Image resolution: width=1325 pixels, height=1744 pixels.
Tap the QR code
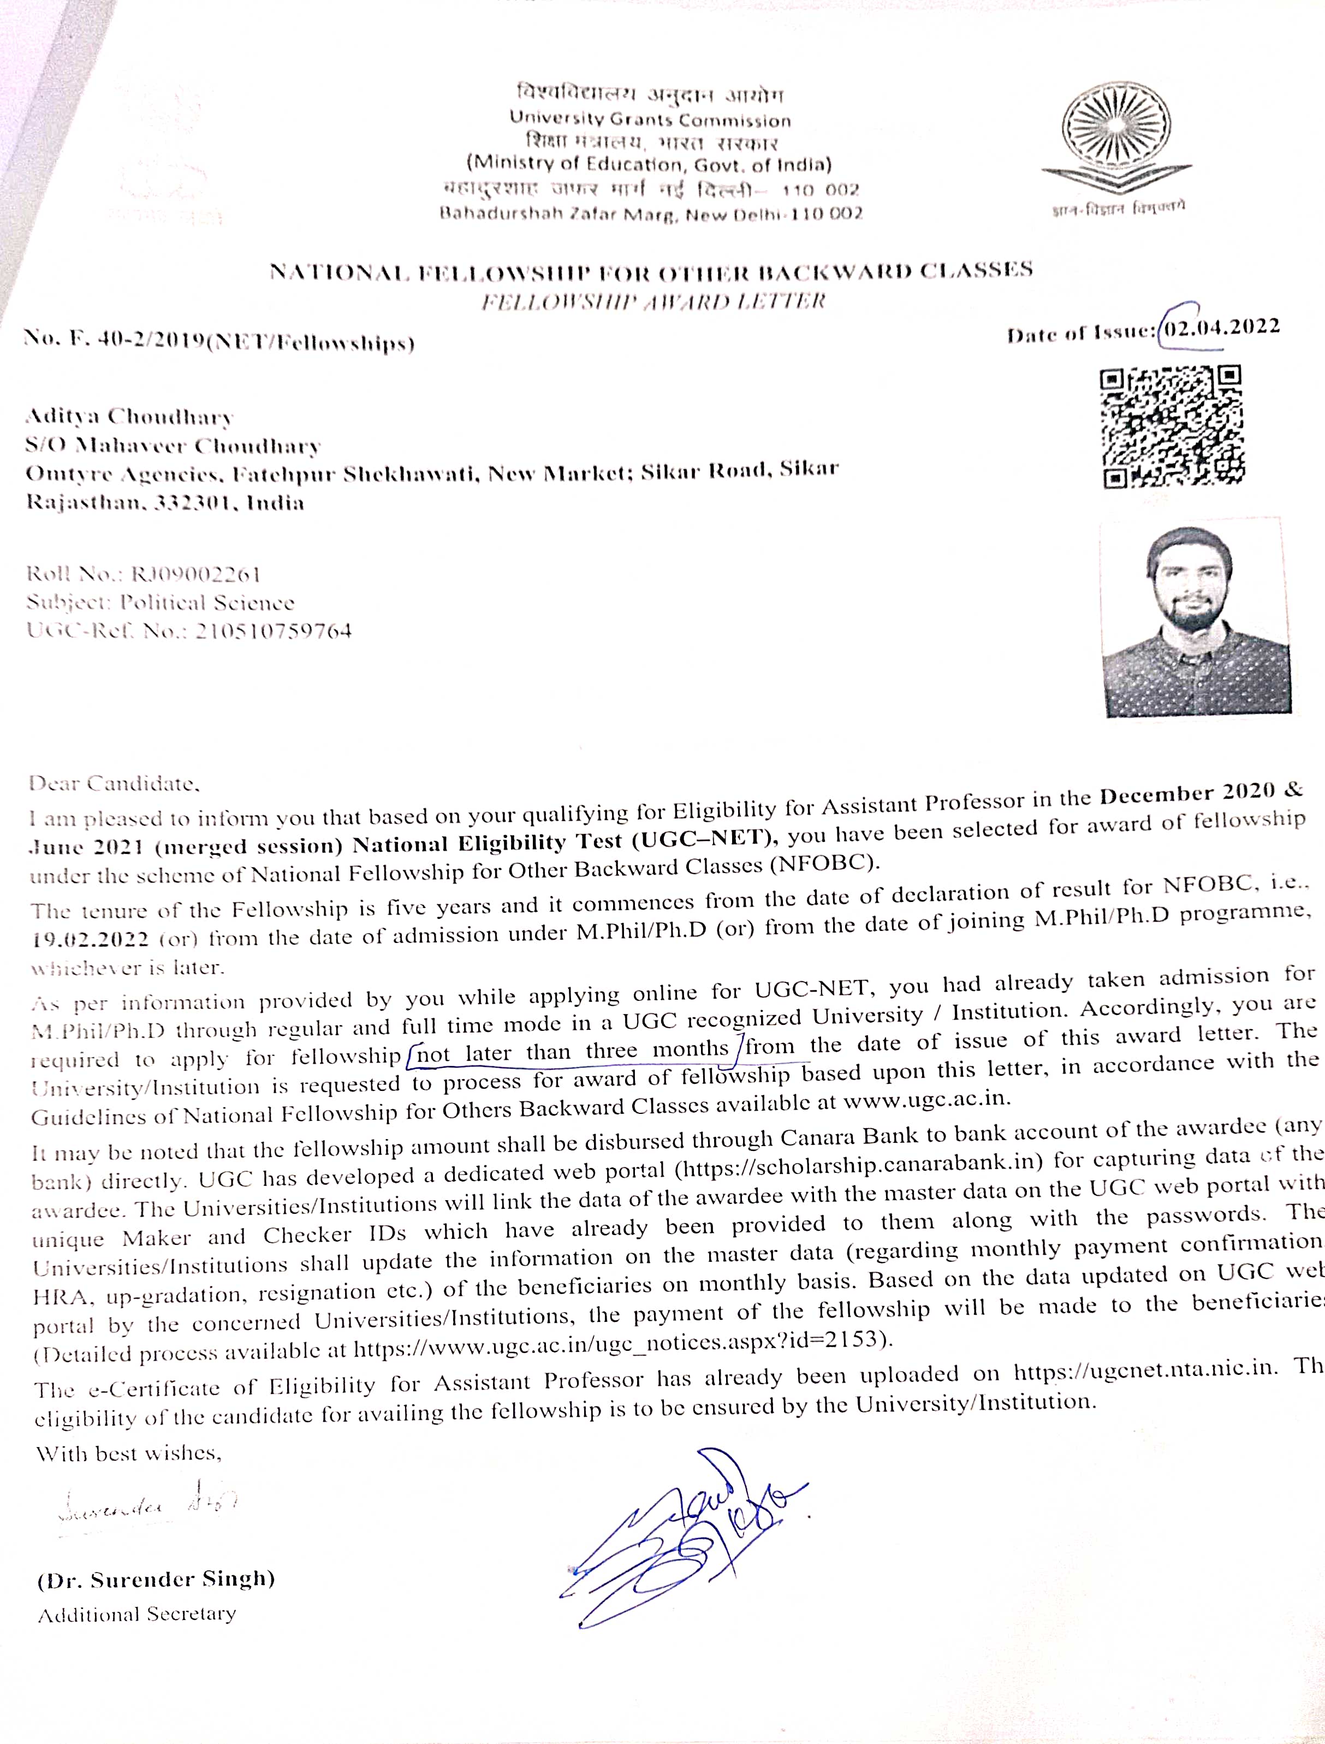(x=1170, y=426)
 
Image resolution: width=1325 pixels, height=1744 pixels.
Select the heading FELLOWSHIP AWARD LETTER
(x=652, y=301)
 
